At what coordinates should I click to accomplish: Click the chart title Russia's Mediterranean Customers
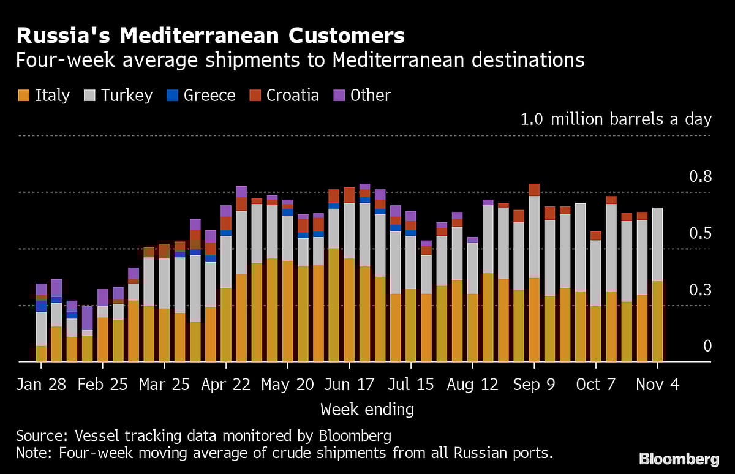coord(210,36)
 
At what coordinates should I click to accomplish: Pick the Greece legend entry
coord(200,95)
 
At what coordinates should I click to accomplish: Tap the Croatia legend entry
coord(284,95)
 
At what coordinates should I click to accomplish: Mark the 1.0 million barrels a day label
coord(616,119)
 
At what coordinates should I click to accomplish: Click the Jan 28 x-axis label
coord(41,384)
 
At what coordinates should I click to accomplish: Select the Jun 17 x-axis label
coord(349,384)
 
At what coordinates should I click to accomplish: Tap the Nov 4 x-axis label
coord(657,384)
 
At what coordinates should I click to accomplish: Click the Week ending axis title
coord(367,408)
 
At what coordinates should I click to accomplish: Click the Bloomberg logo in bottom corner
coord(679,459)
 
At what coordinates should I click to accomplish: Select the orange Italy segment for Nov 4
coord(657,322)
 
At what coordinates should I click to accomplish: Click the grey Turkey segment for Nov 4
coord(657,244)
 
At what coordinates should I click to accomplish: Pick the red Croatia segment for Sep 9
coord(534,190)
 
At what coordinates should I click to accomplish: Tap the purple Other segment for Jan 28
coord(41,289)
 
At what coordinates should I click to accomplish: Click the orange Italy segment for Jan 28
coord(41,354)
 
